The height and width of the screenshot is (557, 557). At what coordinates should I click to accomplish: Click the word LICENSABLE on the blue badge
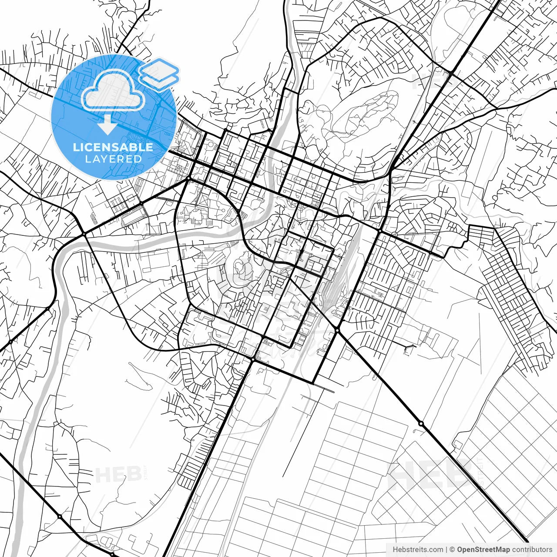tap(113, 147)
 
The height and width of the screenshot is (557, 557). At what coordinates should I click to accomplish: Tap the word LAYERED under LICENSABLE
tap(113, 159)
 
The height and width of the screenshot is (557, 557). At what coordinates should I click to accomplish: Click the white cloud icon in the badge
tap(114, 90)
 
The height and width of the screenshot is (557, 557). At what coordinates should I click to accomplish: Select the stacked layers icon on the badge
tap(159, 74)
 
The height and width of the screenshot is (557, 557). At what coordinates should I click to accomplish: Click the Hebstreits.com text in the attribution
tap(418, 550)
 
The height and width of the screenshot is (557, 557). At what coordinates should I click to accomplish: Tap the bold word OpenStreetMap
tap(483, 550)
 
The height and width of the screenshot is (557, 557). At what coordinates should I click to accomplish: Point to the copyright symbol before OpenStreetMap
tap(452, 550)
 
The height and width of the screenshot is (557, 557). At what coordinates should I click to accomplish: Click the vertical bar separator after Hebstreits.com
tap(446, 550)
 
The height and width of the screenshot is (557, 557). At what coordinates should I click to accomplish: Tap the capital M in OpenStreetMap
tap(497, 550)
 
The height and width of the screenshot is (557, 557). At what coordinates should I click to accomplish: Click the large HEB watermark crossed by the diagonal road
tap(429, 474)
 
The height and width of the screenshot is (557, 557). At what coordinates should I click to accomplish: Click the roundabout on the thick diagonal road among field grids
tap(421, 423)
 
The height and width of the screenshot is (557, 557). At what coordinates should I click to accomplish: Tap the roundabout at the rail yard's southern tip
tap(337, 330)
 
